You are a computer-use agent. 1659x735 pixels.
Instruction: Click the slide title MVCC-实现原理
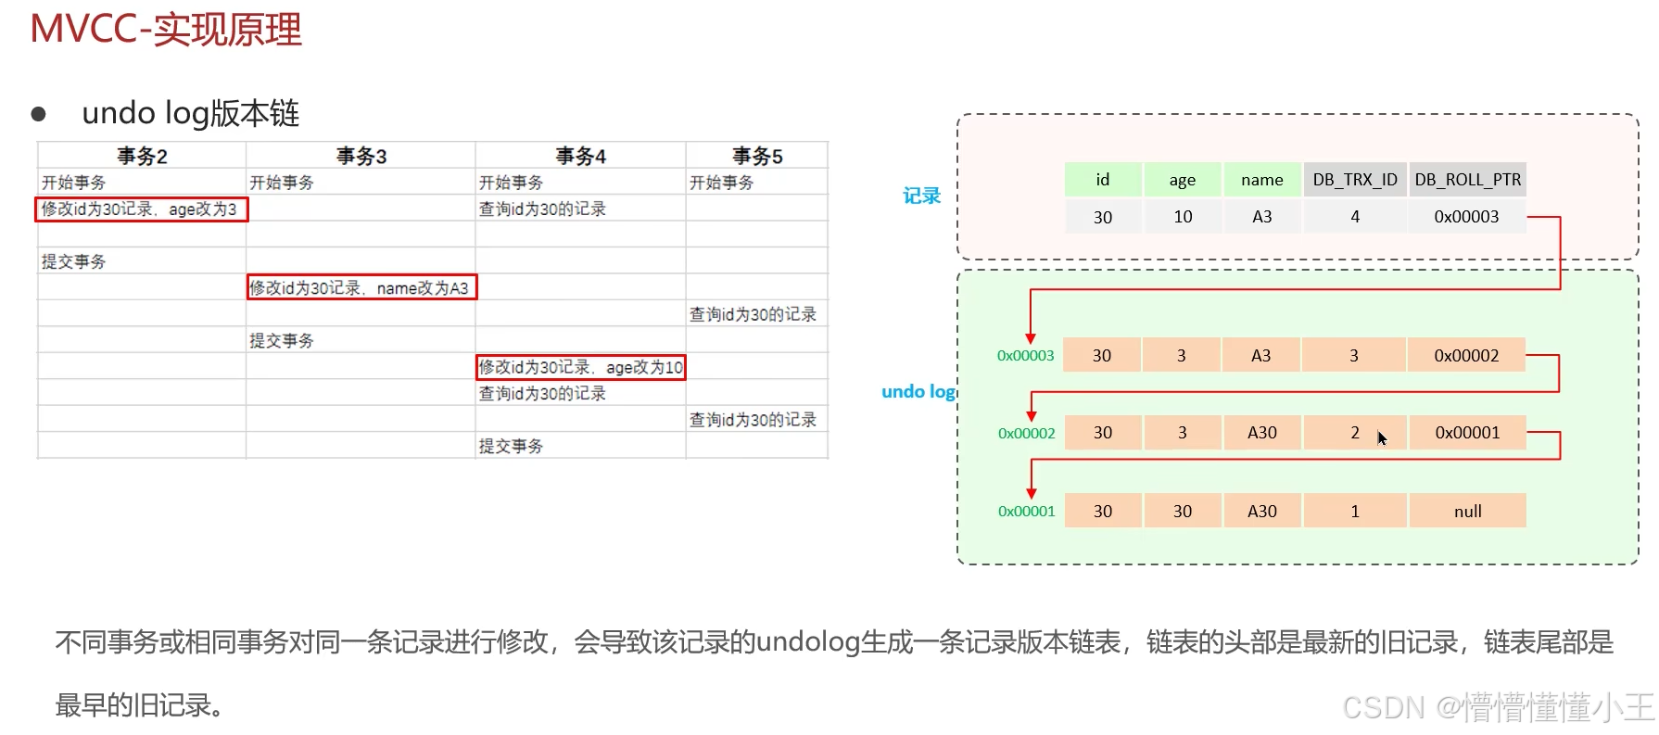click(x=166, y=29)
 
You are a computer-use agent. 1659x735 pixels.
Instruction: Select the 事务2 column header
click(x=142, y=156)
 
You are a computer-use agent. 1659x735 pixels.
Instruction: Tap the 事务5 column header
click(x=757, y=156)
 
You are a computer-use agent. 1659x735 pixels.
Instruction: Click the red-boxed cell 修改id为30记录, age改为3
click(x=141, y=209)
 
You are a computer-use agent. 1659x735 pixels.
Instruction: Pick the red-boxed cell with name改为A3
click(x=361, y=287)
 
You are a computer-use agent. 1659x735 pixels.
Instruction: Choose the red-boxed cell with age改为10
click(x=581, y=367)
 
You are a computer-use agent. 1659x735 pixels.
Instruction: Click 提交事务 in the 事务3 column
click(x=282, y=341)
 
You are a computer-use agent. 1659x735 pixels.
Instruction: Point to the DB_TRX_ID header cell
click(x=1355, y=180)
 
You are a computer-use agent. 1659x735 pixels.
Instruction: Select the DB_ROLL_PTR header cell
click(x=1467, y=180)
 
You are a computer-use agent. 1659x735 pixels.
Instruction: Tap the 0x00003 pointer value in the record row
click(x=1466, y=217)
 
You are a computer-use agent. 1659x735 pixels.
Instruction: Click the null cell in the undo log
click(x=1467, y=511)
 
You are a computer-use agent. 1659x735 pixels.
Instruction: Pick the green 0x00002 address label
click(x=1026, y=433)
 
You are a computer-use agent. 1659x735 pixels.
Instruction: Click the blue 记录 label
click(x=921, y=196)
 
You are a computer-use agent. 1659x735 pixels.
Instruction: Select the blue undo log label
click(x=918, y=391)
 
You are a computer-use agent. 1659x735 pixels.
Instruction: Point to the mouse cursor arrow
click(x=1381, y=437)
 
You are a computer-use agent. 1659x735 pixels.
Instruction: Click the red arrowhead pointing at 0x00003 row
click(x=1031, y=338)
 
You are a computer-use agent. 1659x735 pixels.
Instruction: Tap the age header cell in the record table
click(x=1182, y=180)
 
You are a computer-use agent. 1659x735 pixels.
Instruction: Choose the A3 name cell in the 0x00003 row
click(x=1260, y=355)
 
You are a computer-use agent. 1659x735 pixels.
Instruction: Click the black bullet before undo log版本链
click(x=39, y=114)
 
